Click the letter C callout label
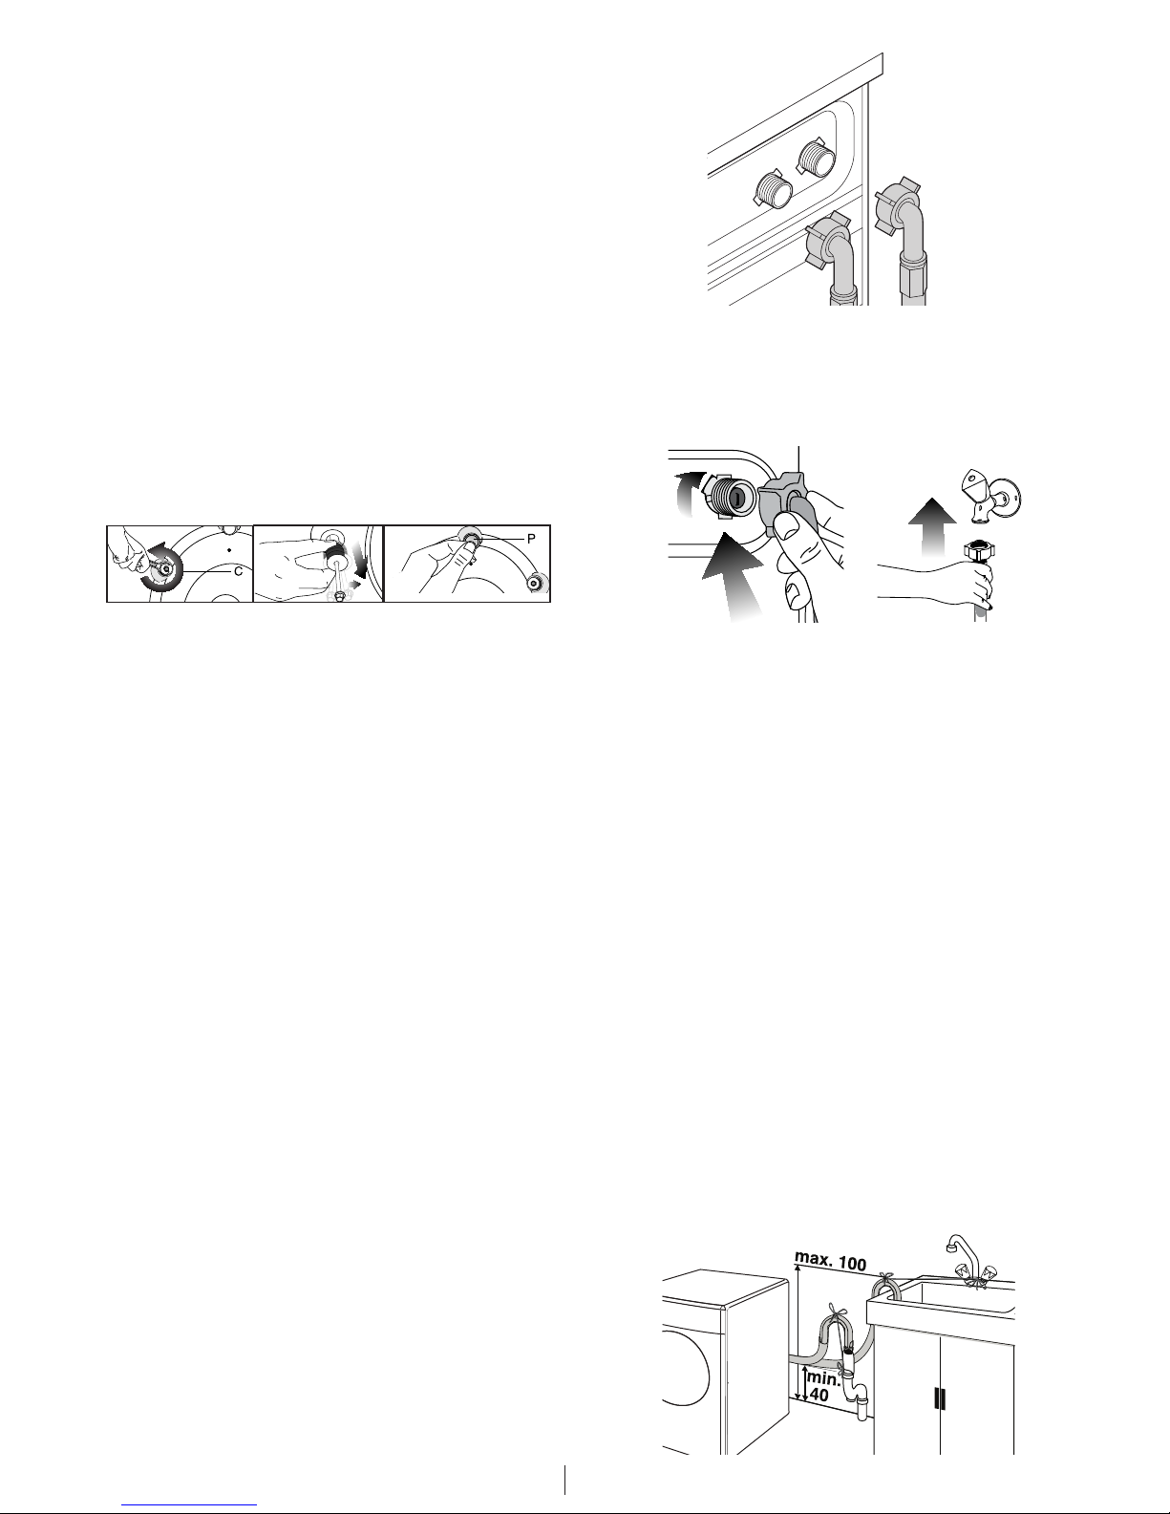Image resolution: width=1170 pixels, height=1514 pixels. pos(238,571)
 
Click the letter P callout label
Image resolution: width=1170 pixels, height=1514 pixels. pos(531,539)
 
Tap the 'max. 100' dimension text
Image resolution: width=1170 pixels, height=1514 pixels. pos(831,1261)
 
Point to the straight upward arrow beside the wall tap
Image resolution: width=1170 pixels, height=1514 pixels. pos(932,526)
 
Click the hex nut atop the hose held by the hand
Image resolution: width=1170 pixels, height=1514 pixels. pos(978,550)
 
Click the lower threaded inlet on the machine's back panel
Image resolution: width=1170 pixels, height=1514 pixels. pos(774,188)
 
